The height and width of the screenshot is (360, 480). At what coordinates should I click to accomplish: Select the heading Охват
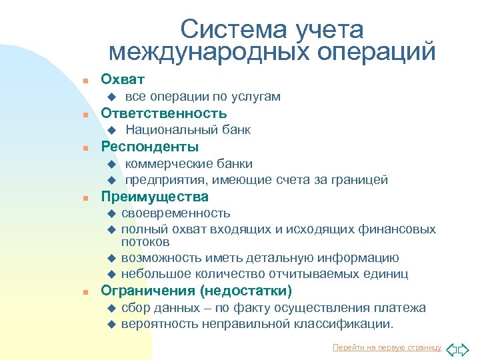(x=123, y=79)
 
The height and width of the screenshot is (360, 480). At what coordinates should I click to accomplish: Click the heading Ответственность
(x=163, y=113)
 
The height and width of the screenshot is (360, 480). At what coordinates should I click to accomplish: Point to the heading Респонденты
(x=149, y=147)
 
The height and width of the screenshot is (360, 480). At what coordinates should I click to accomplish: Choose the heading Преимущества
(x=154, y=197)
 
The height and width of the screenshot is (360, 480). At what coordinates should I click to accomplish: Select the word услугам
(x=256, y=97)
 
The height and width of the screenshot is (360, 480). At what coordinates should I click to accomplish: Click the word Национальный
(x=167, y=130)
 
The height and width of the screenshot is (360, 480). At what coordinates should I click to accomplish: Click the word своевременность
(x=176, y=213)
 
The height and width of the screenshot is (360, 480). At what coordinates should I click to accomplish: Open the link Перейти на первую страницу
(x=387, y=347)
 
